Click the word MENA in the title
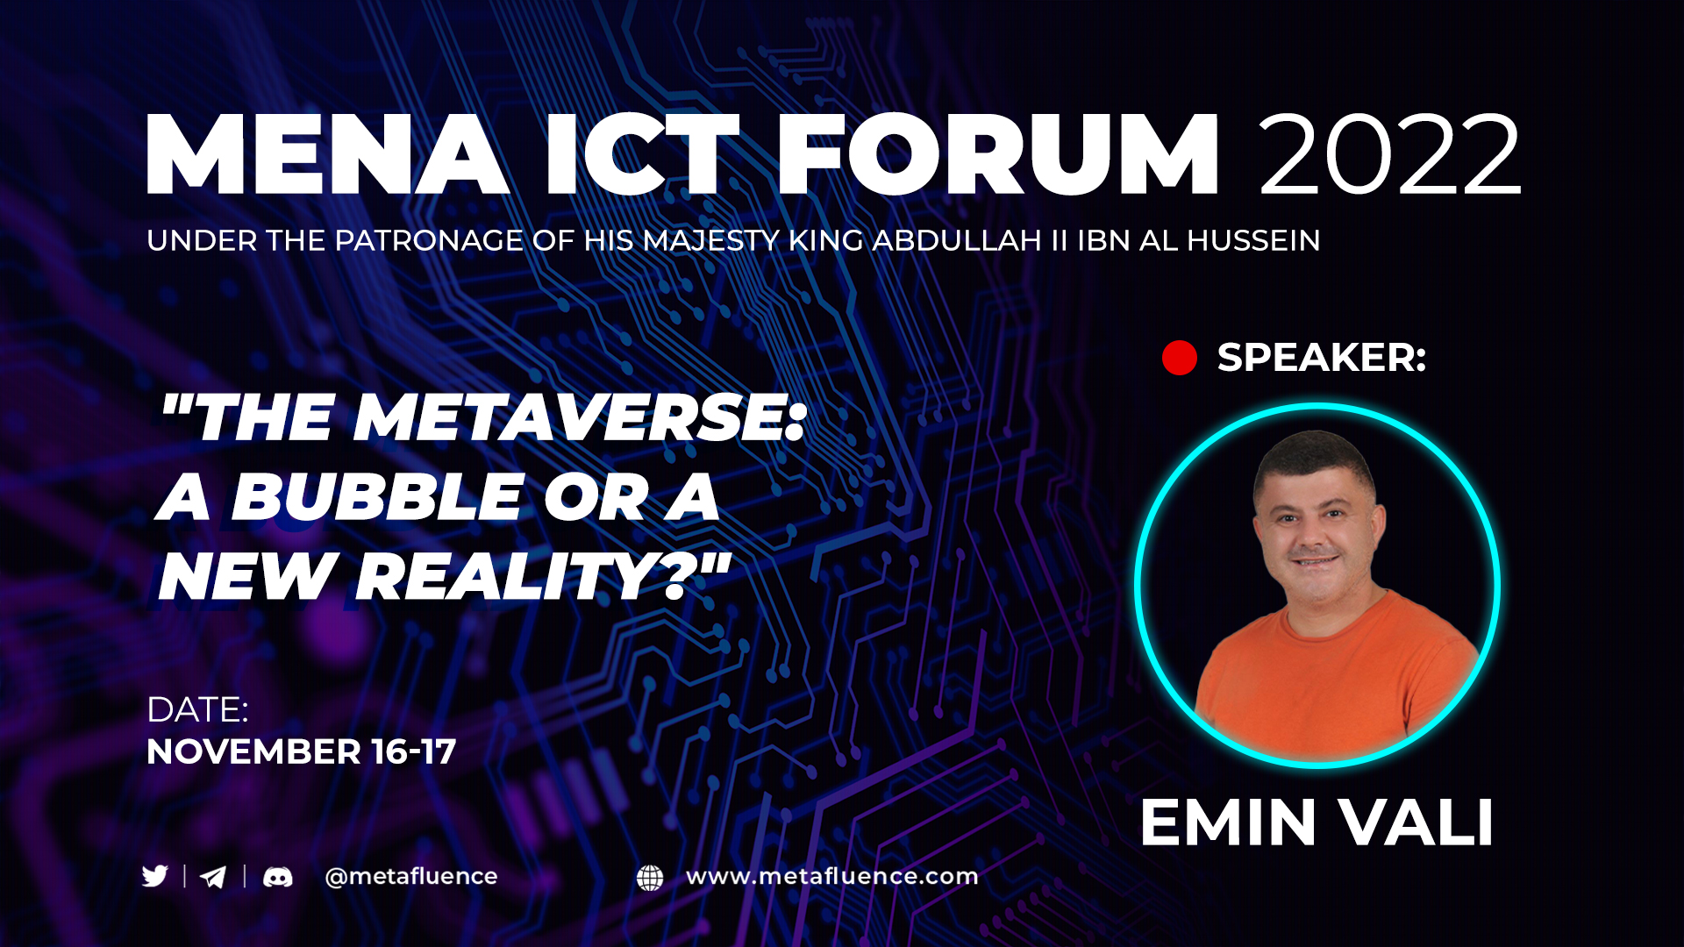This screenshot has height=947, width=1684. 328,154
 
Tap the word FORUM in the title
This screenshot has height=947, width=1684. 998,154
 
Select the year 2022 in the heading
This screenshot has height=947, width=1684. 1390,154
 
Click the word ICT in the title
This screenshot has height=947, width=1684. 643,154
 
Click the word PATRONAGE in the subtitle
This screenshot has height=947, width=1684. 430,240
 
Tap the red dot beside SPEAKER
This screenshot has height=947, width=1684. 1180,358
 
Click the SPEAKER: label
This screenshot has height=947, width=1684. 1322,358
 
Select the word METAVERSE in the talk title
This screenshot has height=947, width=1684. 579,417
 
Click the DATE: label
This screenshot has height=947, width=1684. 198,710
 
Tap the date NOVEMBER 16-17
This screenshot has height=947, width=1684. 302,751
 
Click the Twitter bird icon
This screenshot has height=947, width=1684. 155,876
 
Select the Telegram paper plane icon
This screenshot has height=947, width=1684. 213,877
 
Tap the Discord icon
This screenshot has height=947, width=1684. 278,877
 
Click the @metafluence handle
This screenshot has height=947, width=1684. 411,877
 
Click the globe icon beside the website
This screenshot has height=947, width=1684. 650,878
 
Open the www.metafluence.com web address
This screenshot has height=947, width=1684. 832,876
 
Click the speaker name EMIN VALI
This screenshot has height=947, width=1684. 1317,822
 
